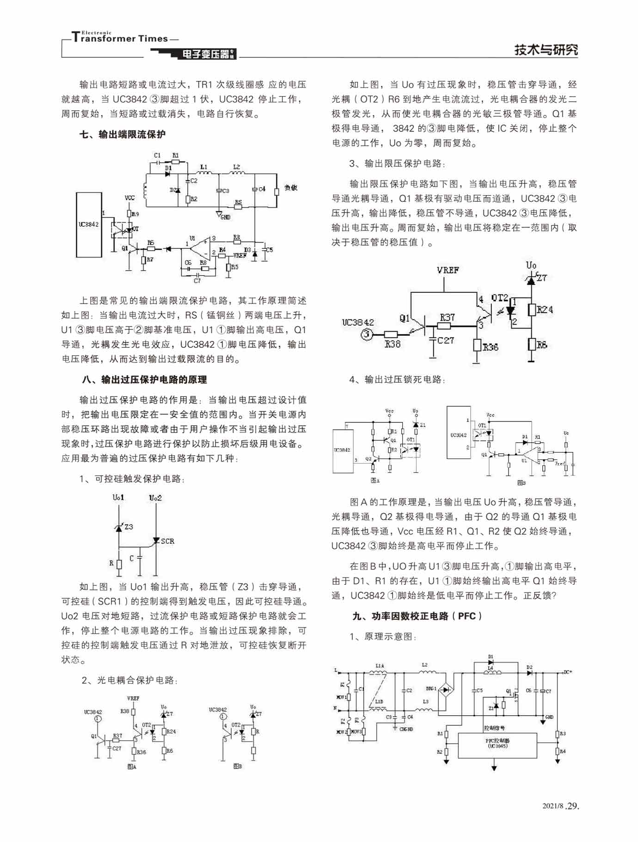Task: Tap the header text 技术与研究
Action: [546, 50]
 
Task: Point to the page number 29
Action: [573, 805]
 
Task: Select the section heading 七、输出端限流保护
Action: [123, 134]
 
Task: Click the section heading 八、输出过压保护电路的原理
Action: [144, 379]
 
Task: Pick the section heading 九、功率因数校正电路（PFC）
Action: [417, 616]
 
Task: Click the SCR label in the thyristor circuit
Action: [167, 541]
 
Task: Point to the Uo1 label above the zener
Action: [118, 497]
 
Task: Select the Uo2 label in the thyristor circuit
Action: [155, 498]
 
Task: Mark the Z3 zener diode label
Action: [129, 526]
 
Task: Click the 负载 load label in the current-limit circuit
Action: [290, 187]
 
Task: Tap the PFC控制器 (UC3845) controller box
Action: [497, 745]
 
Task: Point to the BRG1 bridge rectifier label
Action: [431, 688]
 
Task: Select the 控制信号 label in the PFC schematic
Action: [494, 728]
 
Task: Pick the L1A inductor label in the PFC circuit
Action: [380, 666]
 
